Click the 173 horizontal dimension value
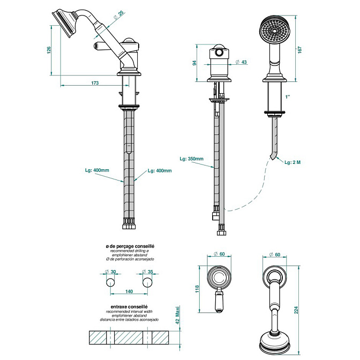click(x=95, y=83)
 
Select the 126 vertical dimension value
click(x=49, y=50)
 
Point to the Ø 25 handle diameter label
click(x=119, y=14)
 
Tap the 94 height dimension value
click(x=194, y=63)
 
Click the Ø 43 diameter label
click(x=241, y=62)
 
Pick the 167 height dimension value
click(x=299, y=50)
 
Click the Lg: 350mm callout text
click(x=191, y=159)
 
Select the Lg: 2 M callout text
click(x=292, y=162)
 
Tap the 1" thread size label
click(x=288, y=97)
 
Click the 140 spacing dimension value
click(x=129, y=291)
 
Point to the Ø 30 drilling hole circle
click(x=111, y=282)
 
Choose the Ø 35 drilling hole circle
click(x=148, y=282)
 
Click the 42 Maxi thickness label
click(x=177, y=315)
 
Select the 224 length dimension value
click(x=296, y=310)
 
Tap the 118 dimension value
click(x=197, y=289)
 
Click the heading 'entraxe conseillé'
click(x=129, y=307)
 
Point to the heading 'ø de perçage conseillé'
click(x=130, y=246)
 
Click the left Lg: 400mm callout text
click(x=97, y=170)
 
